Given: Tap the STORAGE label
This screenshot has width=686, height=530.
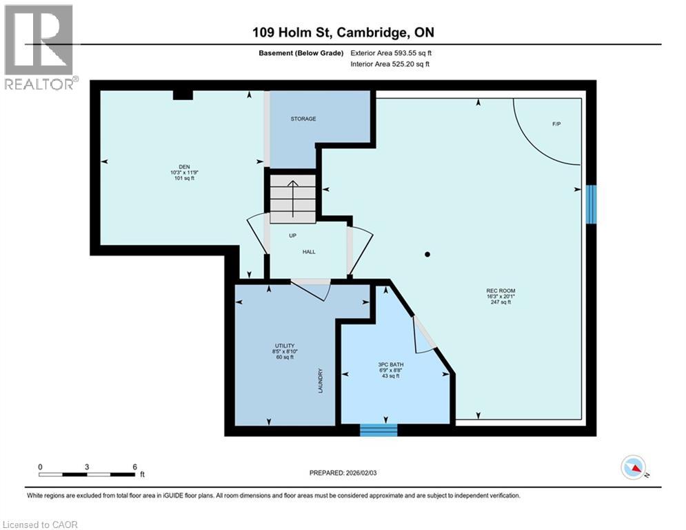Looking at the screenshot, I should [x=303, y=119].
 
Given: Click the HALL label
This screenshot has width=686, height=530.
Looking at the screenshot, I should [x=309, y=252].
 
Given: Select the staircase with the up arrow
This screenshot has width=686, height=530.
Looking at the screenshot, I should [x=292, y=198].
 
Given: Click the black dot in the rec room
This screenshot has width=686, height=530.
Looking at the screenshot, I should [x=427, y=255].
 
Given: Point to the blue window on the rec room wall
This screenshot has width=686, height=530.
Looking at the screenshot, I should [x=591, y=204].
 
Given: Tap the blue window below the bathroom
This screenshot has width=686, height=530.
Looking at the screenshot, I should [x=379, y=430].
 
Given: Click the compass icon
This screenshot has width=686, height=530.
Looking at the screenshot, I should [x=632, y=468].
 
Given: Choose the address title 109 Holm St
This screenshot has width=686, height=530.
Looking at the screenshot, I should [x=343, y=32].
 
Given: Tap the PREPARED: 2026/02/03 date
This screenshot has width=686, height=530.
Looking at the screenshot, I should [x=345, y=473].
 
